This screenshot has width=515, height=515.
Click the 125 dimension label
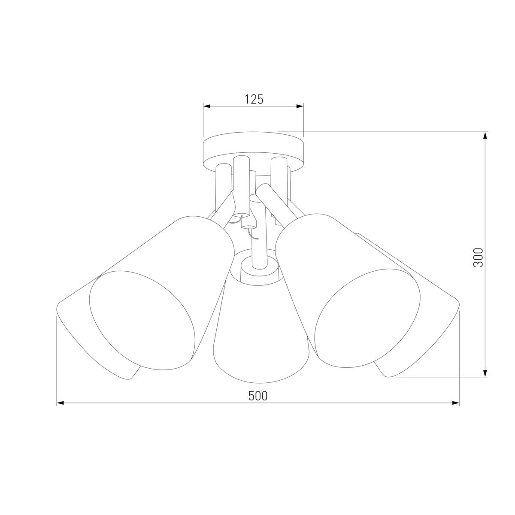(x=254, y=99)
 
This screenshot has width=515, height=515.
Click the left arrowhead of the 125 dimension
(x=206, y=106)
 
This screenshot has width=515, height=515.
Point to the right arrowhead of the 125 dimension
(x=300, y=106)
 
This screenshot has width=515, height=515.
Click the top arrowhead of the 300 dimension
(x=485, y=136)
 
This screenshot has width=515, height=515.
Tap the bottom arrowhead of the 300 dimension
(x=485, y=373)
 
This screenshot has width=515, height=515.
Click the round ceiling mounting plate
(x=253, y=152)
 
